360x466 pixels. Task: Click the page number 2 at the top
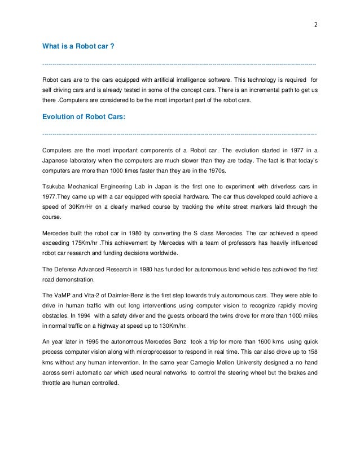316,24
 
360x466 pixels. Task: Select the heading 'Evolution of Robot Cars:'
82,117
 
